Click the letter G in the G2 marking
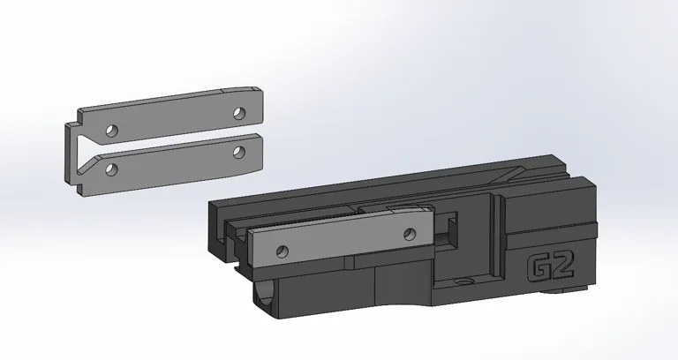click(539, 268)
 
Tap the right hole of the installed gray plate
click(408, 234)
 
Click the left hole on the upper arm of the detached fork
click(110, 131)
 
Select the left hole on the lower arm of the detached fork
click(110, 168)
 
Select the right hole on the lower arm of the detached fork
click(238, 152)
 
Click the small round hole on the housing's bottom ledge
click(460, 284)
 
